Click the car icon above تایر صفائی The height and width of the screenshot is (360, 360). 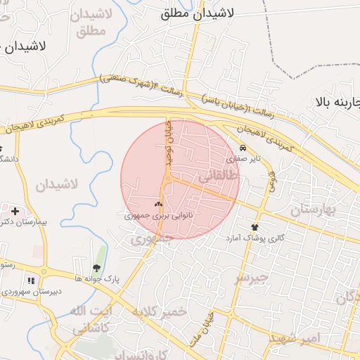243,148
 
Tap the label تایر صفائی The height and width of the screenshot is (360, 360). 247,158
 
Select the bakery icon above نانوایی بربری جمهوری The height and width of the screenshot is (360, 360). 158,205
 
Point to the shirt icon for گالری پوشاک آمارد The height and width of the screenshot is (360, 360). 255,227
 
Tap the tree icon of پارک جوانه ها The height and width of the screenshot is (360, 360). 96,267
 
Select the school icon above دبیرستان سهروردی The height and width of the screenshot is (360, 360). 30,281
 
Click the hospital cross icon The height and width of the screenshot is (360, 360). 15,211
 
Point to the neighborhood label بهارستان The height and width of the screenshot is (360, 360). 314,210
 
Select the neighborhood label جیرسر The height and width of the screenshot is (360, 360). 251,277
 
